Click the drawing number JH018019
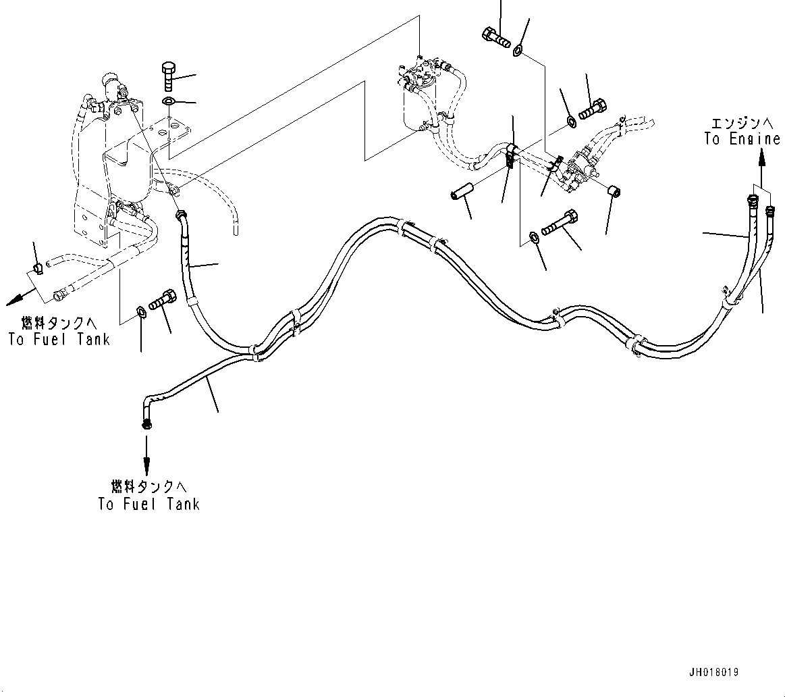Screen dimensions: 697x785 click(x=713, y=673)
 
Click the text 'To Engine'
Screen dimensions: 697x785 click(x=742, y=139)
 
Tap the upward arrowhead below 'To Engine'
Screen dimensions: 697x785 click(x=761, y=156)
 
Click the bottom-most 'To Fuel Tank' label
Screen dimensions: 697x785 click(x=148, y=504)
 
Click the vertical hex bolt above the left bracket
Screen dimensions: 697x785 click(x=169, y=76)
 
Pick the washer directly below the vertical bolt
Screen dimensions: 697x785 click(x=168, y=101)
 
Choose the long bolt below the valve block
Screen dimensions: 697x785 click(x=560, y=224)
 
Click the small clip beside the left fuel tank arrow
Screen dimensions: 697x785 click(x=38, y=269)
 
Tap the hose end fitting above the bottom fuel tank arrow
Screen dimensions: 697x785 click(x=146, y=423)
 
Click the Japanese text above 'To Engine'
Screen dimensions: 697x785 click(x=741, y=123)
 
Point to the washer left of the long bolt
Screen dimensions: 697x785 click(x=533, y=236)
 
